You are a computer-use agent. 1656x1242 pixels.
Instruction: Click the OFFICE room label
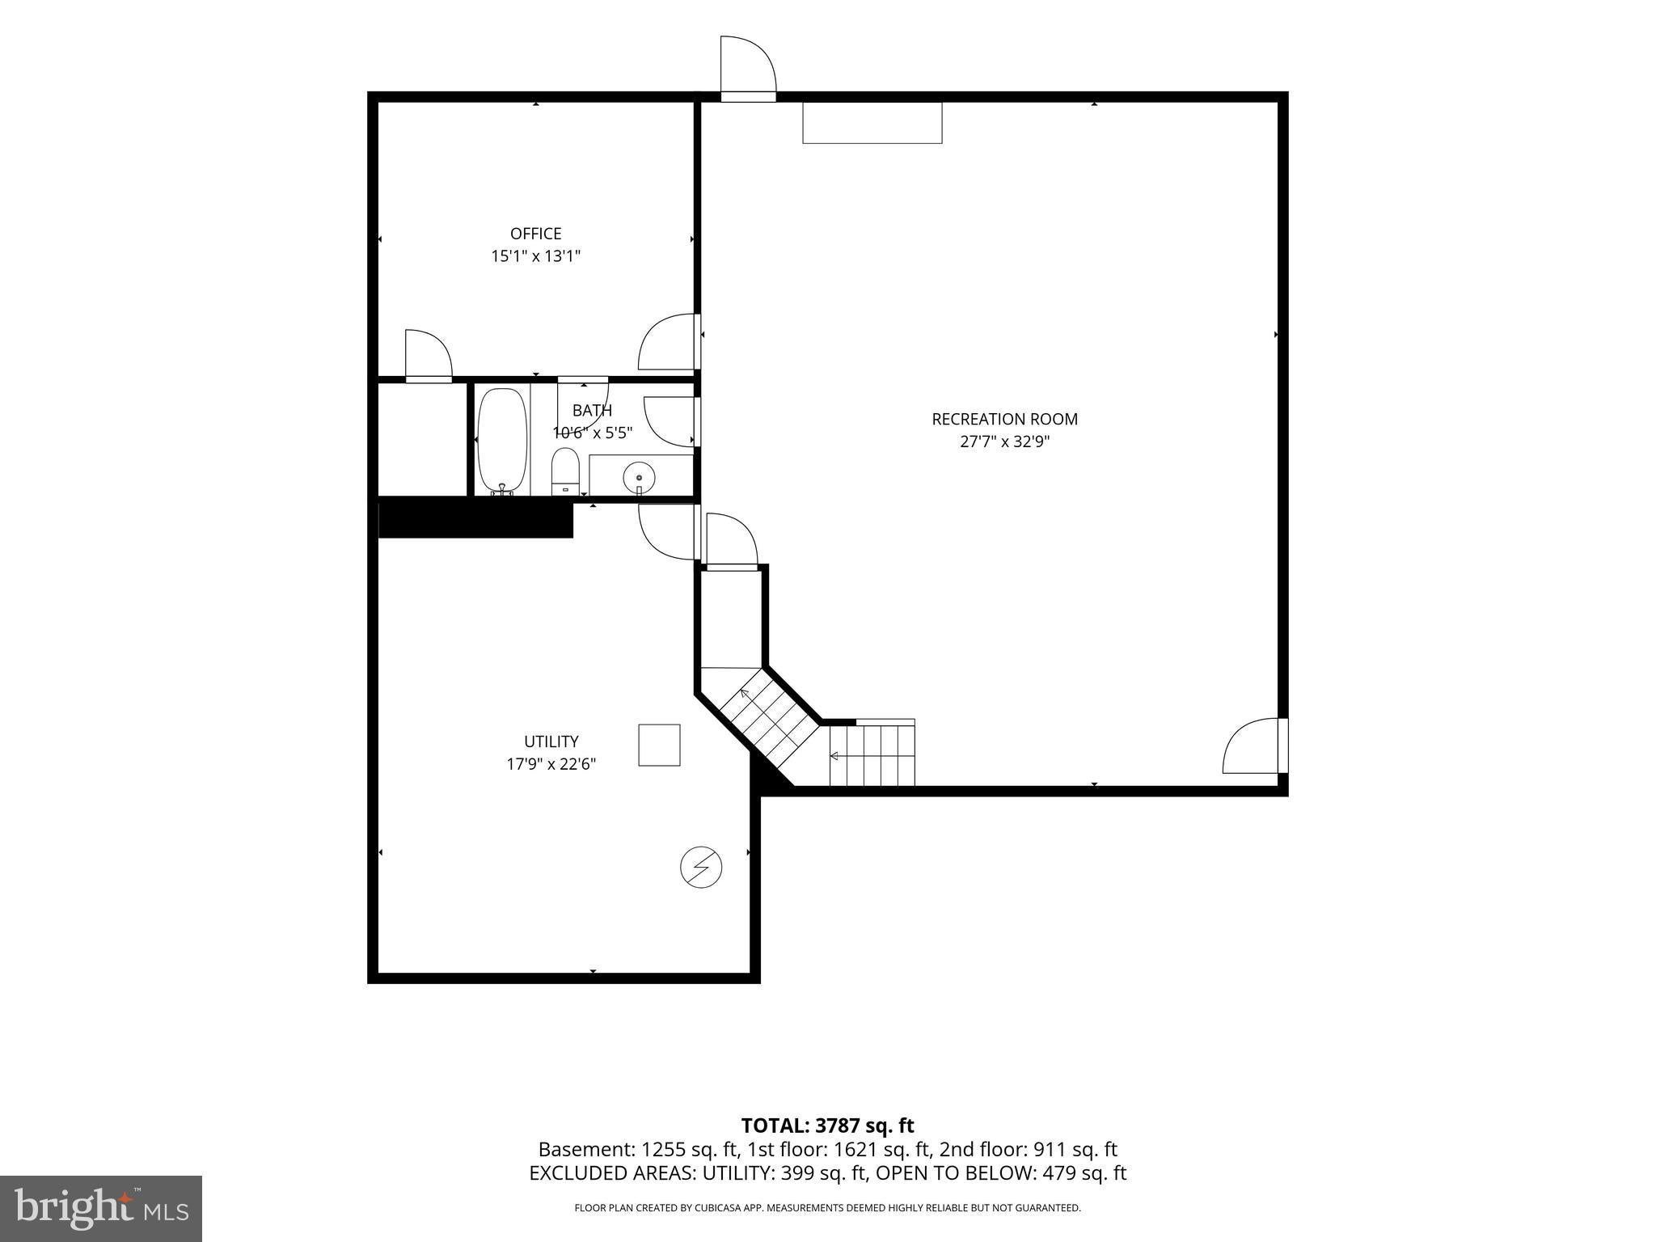(535, 234)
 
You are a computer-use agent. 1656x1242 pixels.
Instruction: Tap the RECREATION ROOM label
(1004, 419)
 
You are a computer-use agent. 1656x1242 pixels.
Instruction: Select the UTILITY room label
(551, 741)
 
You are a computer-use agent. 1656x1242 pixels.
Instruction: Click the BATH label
(592, 411)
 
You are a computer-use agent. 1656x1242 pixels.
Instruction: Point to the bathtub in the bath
(502, 441)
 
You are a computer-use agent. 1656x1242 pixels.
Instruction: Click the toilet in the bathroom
(565, 471)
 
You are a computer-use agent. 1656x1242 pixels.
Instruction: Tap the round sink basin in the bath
(639, 477)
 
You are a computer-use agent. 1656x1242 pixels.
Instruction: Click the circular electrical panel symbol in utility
(701, 868)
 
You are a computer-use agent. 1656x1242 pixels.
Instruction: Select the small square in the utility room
(659, 745)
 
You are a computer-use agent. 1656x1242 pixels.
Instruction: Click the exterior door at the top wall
(748, 68)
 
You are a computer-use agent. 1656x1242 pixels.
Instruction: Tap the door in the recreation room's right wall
(1255, 746)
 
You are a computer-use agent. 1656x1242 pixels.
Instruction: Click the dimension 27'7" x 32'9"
(1004, 442)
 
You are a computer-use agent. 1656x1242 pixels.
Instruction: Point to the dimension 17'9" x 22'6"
(551, 764)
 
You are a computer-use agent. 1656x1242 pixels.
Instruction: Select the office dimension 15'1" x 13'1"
(535, 256)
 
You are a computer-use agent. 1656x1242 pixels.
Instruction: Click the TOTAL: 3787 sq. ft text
(827, 1126)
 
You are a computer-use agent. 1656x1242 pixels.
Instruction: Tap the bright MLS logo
(101, 1208)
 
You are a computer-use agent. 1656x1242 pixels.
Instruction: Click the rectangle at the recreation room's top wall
(872, 122)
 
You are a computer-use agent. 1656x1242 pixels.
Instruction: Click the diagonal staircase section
(769, 719)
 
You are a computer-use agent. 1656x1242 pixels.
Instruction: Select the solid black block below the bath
(475, 518)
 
